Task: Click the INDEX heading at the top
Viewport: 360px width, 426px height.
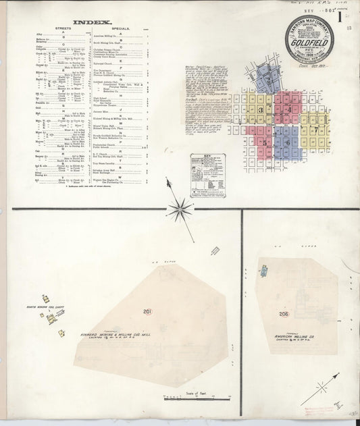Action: coord(83,22)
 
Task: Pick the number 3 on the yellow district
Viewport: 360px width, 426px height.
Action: coord(260,109)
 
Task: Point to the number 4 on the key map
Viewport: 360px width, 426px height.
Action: coord(288,109)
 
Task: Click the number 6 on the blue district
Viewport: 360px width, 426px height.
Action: coord(287,142)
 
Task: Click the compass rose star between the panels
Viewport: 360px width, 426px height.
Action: coord(180,209)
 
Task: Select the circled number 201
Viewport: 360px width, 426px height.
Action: coord(147,311)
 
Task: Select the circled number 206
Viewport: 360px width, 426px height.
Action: coord(284,314)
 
